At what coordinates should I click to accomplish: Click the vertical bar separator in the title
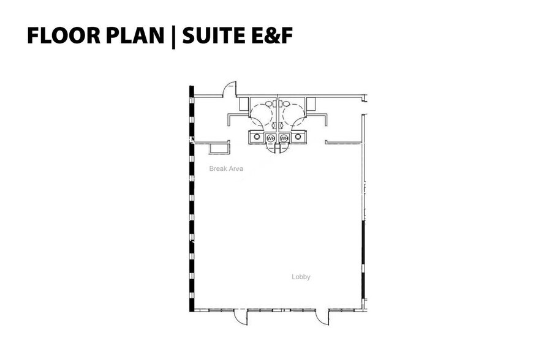(173, 36)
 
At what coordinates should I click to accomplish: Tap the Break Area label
(226, 168)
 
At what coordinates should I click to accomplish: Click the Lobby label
(301, 277)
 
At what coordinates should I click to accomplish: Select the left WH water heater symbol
(271, 138)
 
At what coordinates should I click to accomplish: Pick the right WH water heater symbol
(284, 138)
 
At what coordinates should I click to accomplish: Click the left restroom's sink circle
(257, 137)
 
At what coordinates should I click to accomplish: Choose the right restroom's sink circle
(298, 137)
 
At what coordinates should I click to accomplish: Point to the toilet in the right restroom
(285, 103)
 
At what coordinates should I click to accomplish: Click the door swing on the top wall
(229, 89)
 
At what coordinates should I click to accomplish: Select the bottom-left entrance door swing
(241, 317)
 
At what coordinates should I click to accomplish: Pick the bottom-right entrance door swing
(323, 317)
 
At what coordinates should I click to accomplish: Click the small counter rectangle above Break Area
(218, 148)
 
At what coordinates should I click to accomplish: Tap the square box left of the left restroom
(243, 103)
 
